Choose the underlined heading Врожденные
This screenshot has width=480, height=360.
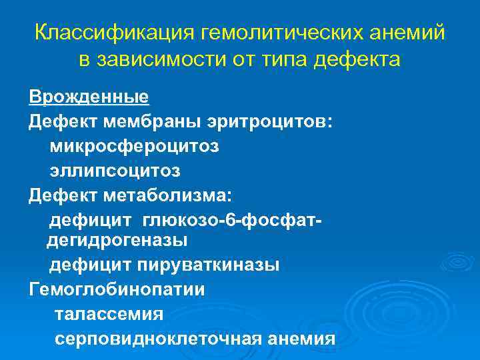89,97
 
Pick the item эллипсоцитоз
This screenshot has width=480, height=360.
114,170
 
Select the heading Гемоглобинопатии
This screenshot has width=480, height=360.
117,289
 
